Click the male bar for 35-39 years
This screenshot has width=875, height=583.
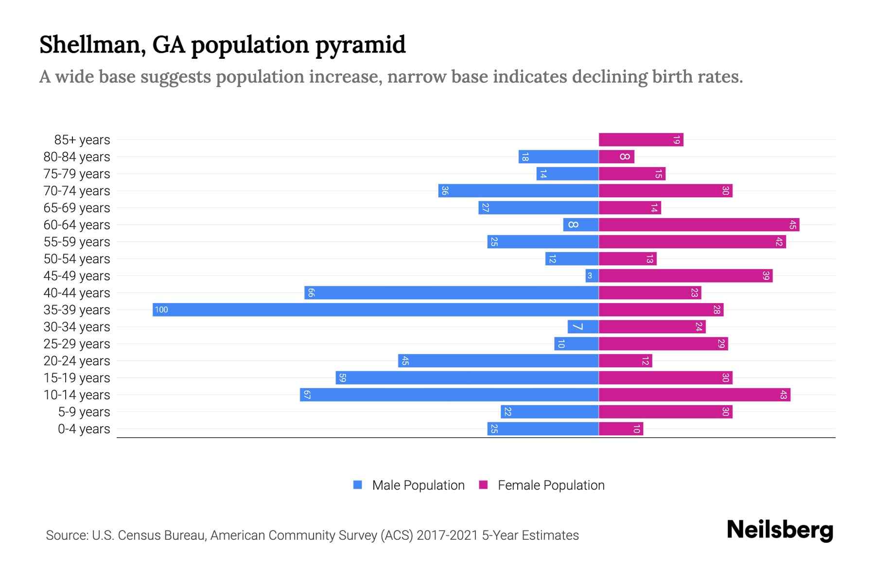click(375, 310)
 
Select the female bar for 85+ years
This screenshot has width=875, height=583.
click(641, 140)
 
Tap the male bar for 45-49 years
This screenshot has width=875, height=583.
click(592, 276)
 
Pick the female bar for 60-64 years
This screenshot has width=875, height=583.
click(699, 225)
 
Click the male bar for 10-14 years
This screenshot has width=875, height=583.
click(449, 395)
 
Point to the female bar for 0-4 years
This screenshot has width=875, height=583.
click(621, 429)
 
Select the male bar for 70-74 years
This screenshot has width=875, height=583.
click(518, 191)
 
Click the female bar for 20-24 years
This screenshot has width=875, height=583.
click(625, 361)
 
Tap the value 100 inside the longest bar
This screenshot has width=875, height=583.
click(161, 310)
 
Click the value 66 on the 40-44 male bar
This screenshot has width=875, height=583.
click(311, 293)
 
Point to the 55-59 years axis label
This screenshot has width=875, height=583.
click(77, 242)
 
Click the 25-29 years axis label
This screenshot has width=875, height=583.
click(77, 344)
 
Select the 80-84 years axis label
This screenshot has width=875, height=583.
click(77, 157)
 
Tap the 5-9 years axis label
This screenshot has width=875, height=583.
click(84, 412)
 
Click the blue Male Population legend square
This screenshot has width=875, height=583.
click(358, 485)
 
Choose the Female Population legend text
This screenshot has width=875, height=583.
click(551, 485)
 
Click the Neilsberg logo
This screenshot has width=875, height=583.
click(780, 530)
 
